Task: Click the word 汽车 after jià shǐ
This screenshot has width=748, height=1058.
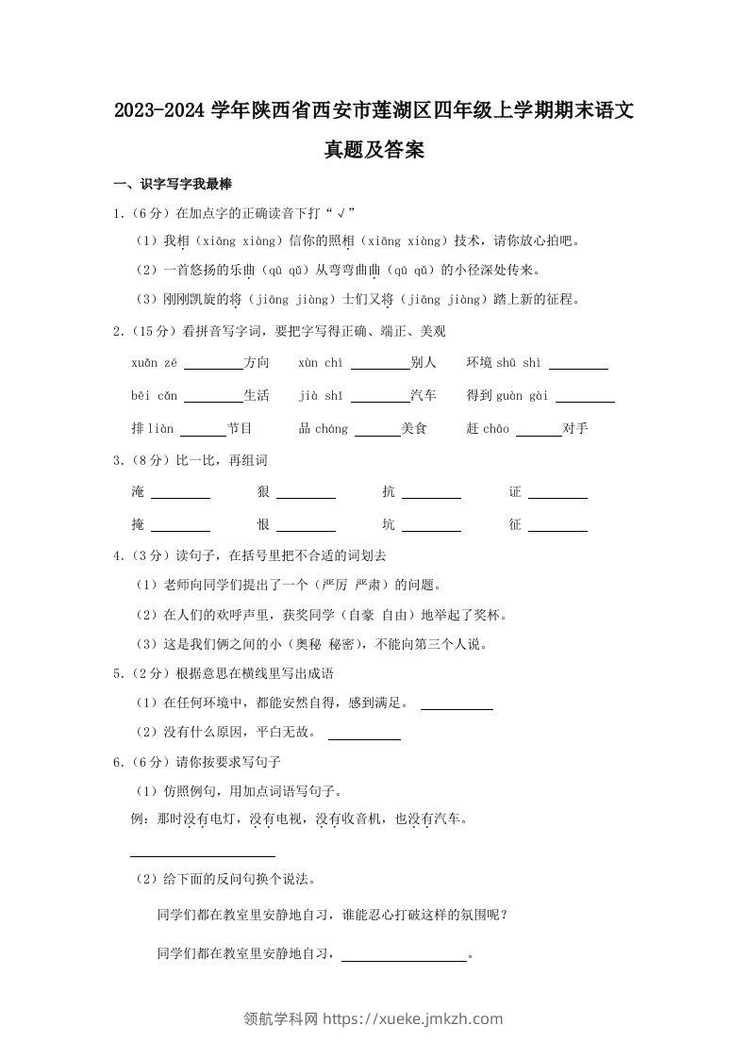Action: [423, 396]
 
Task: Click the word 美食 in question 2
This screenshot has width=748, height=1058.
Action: [414, 429]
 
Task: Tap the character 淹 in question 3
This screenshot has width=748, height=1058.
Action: [139, 492]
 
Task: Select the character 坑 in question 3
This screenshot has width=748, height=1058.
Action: [389, 525]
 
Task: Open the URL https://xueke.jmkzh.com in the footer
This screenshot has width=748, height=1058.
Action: [413, 1018]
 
